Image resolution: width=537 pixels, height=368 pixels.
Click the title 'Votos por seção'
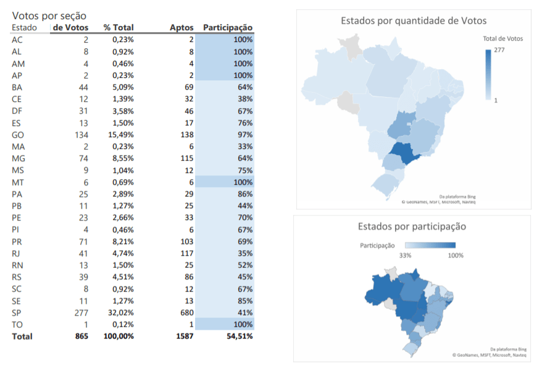tap(49, 15)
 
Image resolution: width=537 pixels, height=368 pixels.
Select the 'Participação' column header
tap(228, 27)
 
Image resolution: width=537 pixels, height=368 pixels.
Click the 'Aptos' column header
tap(182, 27)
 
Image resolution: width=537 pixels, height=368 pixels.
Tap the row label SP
tap(17, 312)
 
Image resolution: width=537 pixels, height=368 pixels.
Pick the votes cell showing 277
tap(81, 312)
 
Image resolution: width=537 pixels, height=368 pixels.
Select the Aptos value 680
tap(186, 312)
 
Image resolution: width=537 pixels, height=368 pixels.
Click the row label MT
tap(18, 182)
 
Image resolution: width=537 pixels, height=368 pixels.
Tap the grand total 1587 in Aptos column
tap(183, 337)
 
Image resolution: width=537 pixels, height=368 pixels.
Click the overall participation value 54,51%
tap(237, 337)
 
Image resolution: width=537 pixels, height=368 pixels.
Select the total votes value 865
tap(80, 337)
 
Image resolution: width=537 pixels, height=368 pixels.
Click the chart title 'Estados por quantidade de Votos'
tap(414, 21)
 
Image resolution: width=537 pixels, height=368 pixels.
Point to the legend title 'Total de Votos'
tap(502, 38)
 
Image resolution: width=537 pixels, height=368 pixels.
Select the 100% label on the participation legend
tap(456, 255)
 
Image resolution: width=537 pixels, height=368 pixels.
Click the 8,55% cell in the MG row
tap(120, 158)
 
